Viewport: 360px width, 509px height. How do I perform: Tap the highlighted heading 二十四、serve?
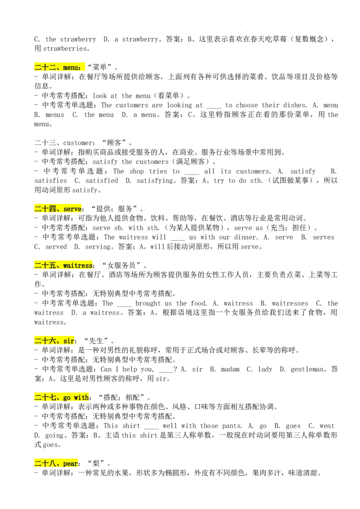[58, 209]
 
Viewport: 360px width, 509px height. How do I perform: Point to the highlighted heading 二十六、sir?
[54, 341]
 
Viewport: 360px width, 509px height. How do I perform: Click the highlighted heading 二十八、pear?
[56, 463]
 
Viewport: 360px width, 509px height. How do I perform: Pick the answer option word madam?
[230, 369]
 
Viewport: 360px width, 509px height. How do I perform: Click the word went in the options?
[327, 426]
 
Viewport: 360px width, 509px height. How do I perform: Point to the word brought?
[148, 304]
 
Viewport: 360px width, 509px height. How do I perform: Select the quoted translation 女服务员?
[121, 265]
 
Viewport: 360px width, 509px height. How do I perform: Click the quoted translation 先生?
[96, 341]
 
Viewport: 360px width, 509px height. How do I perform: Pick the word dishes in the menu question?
[295, 105]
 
